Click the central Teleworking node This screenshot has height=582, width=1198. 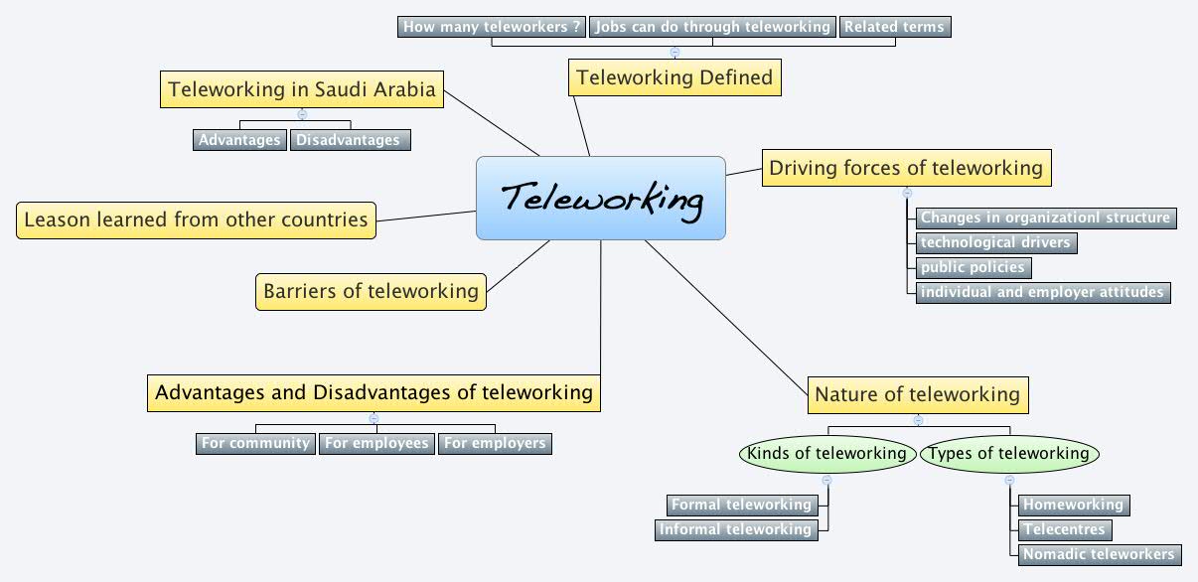click(x=601, y=199)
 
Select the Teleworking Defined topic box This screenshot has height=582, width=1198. click(x=674, y=76)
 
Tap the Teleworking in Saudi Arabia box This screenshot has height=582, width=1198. click(x=302, y=88)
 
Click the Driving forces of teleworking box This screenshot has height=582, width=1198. click(x=906, y=168)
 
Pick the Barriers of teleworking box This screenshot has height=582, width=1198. click(x=371, y=292)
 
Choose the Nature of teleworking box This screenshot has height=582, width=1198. click(x=917, y=394)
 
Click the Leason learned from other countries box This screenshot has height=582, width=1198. click(x=196, y=219)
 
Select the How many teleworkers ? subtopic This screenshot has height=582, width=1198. click(x=492, y=27)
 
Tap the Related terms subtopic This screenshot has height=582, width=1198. click(x=895, y=27)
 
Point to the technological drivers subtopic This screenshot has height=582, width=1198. click(x=995, y=241)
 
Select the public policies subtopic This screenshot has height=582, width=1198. click(x=972, y=267)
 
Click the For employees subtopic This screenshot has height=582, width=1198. click(x=376, y=443)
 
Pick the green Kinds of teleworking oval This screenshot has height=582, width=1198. click(x=826, y=454)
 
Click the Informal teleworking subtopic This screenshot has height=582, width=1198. click(x=736, y=529)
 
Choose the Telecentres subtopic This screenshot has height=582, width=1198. click(x=1064, y=529)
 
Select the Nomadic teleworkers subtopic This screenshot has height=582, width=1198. click(x=1099, y=554)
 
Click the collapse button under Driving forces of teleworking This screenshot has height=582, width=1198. click(x=907, y=193)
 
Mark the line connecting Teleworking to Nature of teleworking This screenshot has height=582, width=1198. click(x=725, y=313)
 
